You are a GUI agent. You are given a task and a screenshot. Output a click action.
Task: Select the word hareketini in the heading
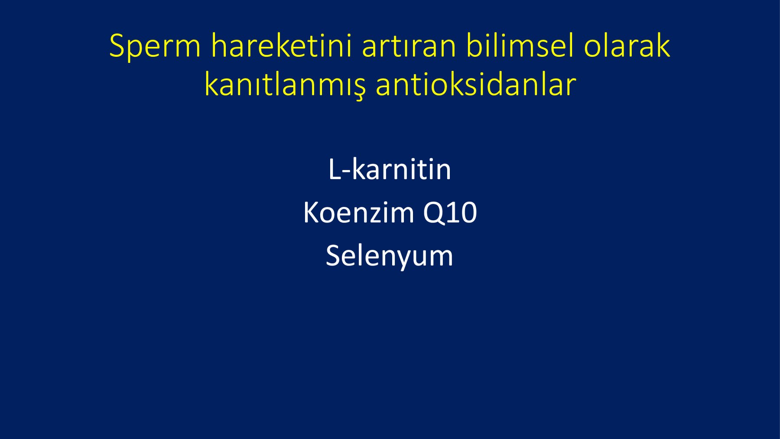tap(281, 45)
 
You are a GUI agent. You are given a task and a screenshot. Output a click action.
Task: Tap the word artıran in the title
tap(409, 46)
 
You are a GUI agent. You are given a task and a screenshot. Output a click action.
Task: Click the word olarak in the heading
tap(627, 45)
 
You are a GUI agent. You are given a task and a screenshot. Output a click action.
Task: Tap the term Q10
tap(450, 213)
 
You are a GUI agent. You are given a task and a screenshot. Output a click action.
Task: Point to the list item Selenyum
tap(390, 256)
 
